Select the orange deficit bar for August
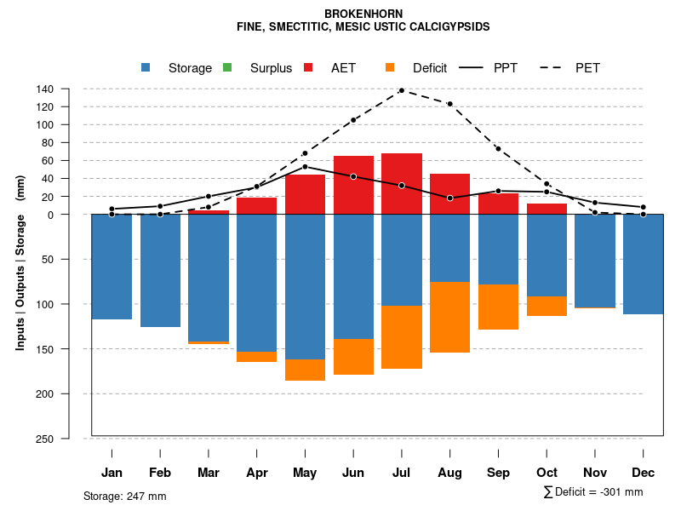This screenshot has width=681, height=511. [x=450, y=317]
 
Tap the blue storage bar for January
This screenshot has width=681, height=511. [x=112, y=267]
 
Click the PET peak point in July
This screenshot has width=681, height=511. [x=402, y=90]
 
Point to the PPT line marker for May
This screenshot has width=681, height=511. [x=305, y=167]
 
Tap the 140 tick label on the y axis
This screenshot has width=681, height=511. [x=45, y=89]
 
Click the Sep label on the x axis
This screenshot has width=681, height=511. [x=499, y=473]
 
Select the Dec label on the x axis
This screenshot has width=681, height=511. [x=644, y=473]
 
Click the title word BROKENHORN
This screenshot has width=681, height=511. [x=363, y=14]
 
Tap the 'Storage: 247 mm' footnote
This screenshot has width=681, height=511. [x=125, y=496]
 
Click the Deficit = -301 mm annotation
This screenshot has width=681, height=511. [x=593, y=492]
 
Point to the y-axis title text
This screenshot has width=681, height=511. [x=20, y=269]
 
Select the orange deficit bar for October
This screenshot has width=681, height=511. [x=547, y=306]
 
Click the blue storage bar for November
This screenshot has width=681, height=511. [x=595, y=261]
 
